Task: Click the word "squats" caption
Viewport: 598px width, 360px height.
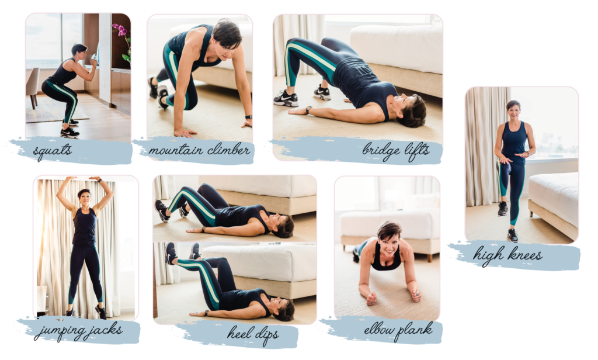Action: (x=52, y=151)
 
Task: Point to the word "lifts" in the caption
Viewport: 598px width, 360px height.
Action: (x=417, y=150)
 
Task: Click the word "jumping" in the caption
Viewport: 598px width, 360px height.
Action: (x=60, y=332)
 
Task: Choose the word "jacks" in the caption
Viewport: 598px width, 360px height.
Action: (x=106, y=330)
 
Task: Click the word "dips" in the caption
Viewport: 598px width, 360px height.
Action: (x=266, y=335)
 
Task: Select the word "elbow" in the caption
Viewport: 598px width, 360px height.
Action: (x=379, y=330)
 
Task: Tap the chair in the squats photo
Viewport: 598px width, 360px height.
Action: (x=33, y=86)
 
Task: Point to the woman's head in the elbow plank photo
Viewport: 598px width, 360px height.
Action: (x=388, y=237)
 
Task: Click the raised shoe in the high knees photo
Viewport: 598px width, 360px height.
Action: (x=503, y=209)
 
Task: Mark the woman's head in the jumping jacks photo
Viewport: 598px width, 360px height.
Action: (x=84, y=198)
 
